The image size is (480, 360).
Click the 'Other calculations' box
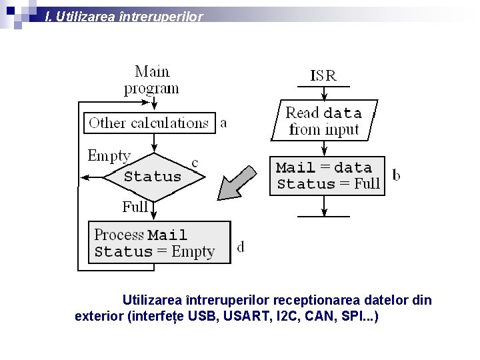[149, 123]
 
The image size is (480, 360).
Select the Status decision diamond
[153, 177]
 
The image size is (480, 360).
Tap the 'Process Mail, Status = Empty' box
[159, 243]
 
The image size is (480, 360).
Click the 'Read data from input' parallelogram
[323, 121]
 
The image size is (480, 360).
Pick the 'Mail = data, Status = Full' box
[327, 175]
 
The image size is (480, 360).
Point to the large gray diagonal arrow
[237, 182]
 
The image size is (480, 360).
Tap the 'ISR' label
[323, 75]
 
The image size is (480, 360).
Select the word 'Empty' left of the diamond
[109, 156]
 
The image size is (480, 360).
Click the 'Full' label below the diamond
[135, 207]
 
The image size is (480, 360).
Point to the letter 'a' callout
[223, 123]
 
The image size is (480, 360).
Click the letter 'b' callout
[397, 175]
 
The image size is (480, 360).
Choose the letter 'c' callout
[195, 162]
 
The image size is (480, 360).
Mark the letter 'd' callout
[241, 247]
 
